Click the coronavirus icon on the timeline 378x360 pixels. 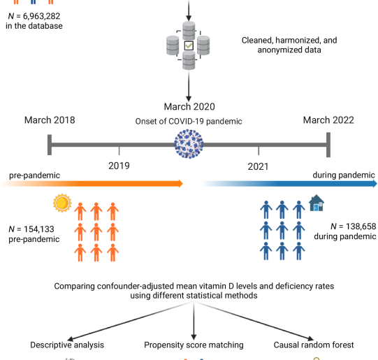[x=189, y=146]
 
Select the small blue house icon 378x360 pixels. [x=317, y=203]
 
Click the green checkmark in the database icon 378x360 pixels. [x=189, y=46]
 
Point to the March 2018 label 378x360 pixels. [x=50, y=120]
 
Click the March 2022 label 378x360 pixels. [x=328, y=120]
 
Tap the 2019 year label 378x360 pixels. [x=119, y=166]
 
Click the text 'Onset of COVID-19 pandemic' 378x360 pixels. [x=189, y=121]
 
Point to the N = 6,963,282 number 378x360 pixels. [x=34, y=16]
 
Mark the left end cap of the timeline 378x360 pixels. [x=50, y=145]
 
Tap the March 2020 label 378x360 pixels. [x=189, y=107]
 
